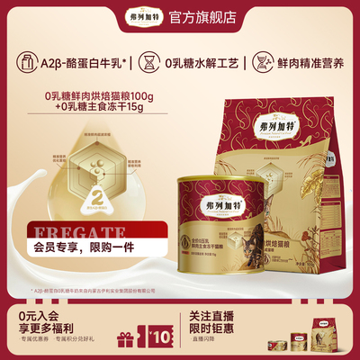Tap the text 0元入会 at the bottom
[35, 317]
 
